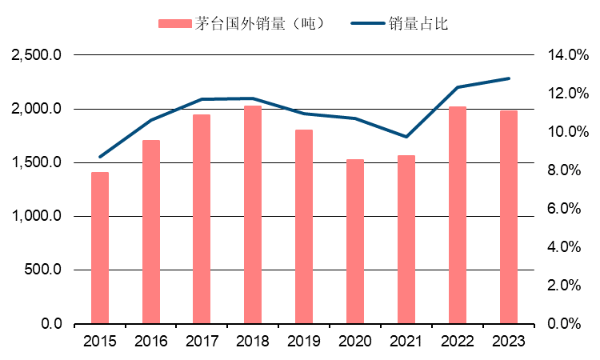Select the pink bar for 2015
point(99,248)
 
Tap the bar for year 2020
point(355,242)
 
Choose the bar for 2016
point(150,232)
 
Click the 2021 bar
point(406,239)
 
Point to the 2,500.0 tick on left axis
point(37,55)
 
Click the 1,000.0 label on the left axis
point(37,217)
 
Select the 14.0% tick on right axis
point(567,55)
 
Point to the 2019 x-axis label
point(304,342)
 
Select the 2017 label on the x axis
point(202,342)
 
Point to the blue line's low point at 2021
point(406,137)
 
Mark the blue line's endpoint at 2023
point(509,78)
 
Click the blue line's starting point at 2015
point(99,157)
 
